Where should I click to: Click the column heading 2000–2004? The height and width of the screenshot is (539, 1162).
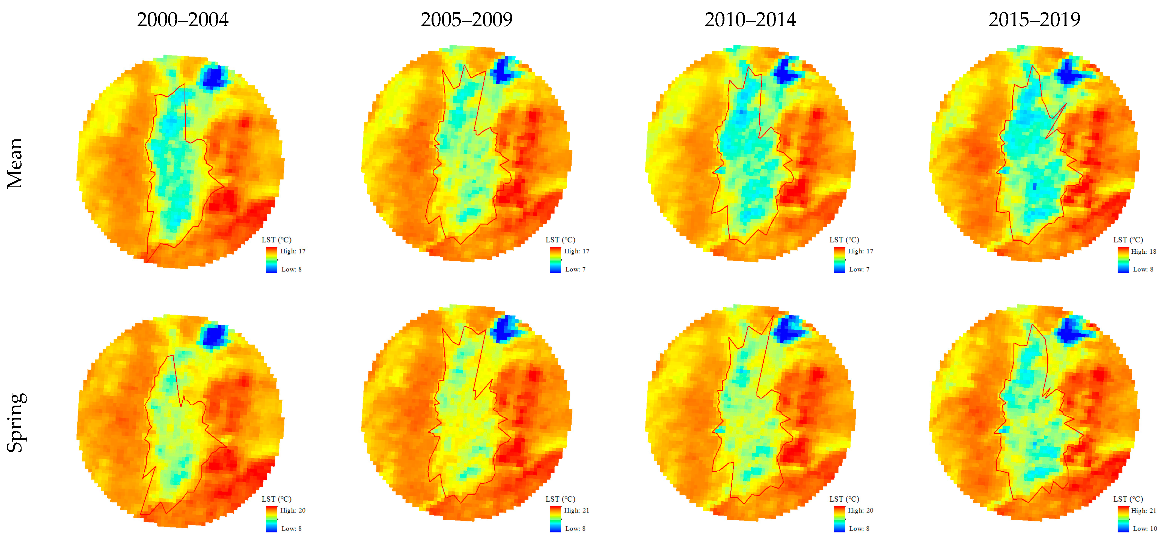(183, 20)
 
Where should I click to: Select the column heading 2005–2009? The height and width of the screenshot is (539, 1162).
(466, 20)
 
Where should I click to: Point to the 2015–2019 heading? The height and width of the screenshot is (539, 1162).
(1034, 20)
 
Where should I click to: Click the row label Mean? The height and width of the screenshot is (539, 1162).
(15, 163)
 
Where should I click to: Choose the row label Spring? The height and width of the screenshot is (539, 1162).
(16, 422)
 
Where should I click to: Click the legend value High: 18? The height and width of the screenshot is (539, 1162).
(1143, 251)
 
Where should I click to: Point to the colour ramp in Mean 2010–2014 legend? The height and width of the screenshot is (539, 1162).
(839, 260)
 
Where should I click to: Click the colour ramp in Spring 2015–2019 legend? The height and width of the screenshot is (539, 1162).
(1123, 519)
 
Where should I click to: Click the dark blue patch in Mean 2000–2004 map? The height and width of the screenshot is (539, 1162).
(213, 77)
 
